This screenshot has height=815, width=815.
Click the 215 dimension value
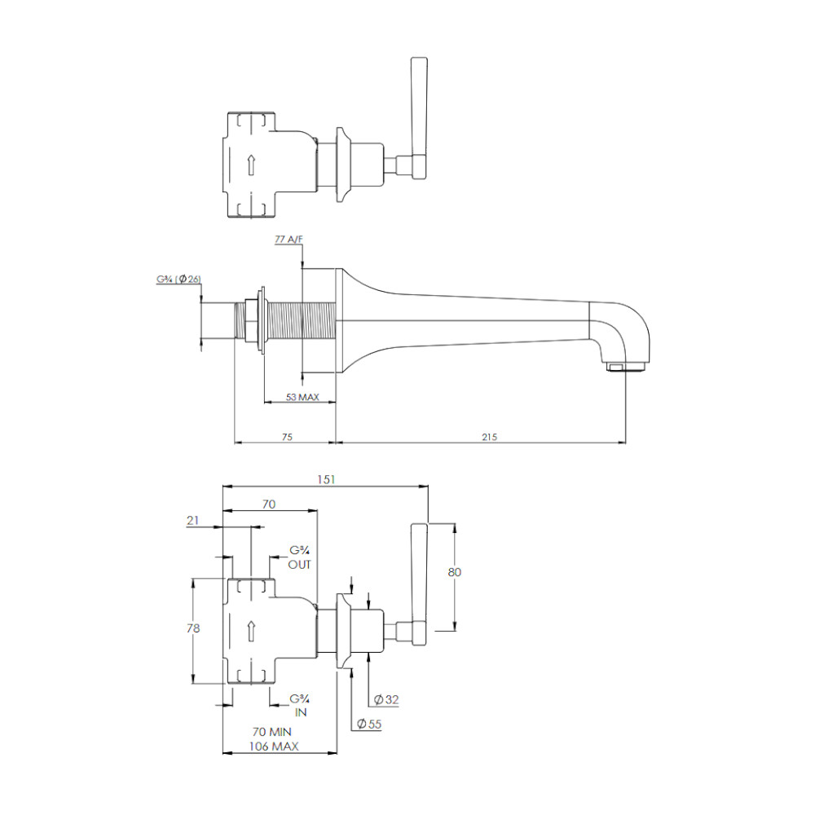(x=489, y=437)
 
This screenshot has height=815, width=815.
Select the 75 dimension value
(x=287, y=437)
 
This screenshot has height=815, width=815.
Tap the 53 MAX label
(x=302, y=397)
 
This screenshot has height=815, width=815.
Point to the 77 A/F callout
(x=289, y=239)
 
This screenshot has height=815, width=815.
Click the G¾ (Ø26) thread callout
(x=178, y=279)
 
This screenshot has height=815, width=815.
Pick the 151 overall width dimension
(x=326, y=480)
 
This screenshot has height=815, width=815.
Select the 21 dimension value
(x=193, y=520)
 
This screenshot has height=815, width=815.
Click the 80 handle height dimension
(x=454, y=572)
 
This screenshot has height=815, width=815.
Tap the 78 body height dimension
(x=193, y=628)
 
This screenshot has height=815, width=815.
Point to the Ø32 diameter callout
(x=386, y=699)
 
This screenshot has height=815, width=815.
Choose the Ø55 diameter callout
(x=369, y=724)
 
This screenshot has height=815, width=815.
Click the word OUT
(x=299, y=565)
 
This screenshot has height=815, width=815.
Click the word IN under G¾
(x=301, y=712)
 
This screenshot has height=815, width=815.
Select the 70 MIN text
(x=272, y=732)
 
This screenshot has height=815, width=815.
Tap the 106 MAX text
(x=274, y=747)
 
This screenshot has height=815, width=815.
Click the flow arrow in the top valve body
(x=251, y=165)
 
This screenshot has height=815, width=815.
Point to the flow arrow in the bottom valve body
(x=251, y=631)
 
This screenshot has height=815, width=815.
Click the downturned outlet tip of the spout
(x=626, y=368)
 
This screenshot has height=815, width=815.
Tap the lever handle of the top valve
(x=419, y=118)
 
